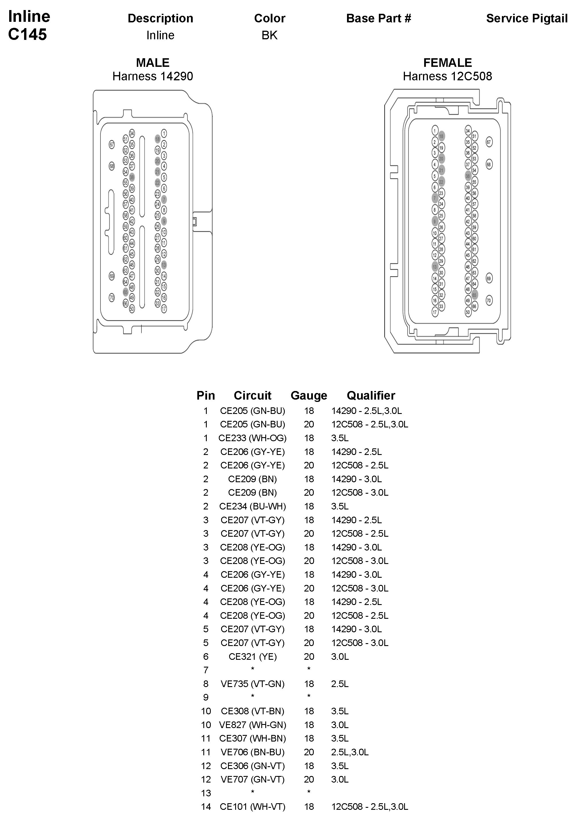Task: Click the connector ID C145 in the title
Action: coord(28,34)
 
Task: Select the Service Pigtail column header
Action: coord(527,18)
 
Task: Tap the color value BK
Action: coord(269,35)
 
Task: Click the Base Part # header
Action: coord(379,18)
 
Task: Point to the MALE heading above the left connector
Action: coord(153,63)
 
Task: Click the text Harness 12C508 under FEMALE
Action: coord(447,76)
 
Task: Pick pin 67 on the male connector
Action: coord(112,145)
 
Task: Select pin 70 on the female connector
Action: coord(489,300)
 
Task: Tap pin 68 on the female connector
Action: coord(489,164)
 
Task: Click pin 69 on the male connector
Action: coord(112,276)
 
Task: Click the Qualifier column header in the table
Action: coord(371,396)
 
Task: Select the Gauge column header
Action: coord(309,396)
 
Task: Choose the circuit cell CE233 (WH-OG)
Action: coord(252,438)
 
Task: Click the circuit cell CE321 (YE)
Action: coord(252,657)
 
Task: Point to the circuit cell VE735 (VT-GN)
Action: coord(252,684)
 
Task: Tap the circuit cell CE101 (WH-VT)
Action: coord(252,807)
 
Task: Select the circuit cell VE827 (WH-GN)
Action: coord(252,725)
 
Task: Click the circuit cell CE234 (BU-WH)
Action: coord(252,506)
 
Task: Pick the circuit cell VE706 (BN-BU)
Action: coord(252,752)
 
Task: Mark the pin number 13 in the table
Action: coord(206,793)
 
